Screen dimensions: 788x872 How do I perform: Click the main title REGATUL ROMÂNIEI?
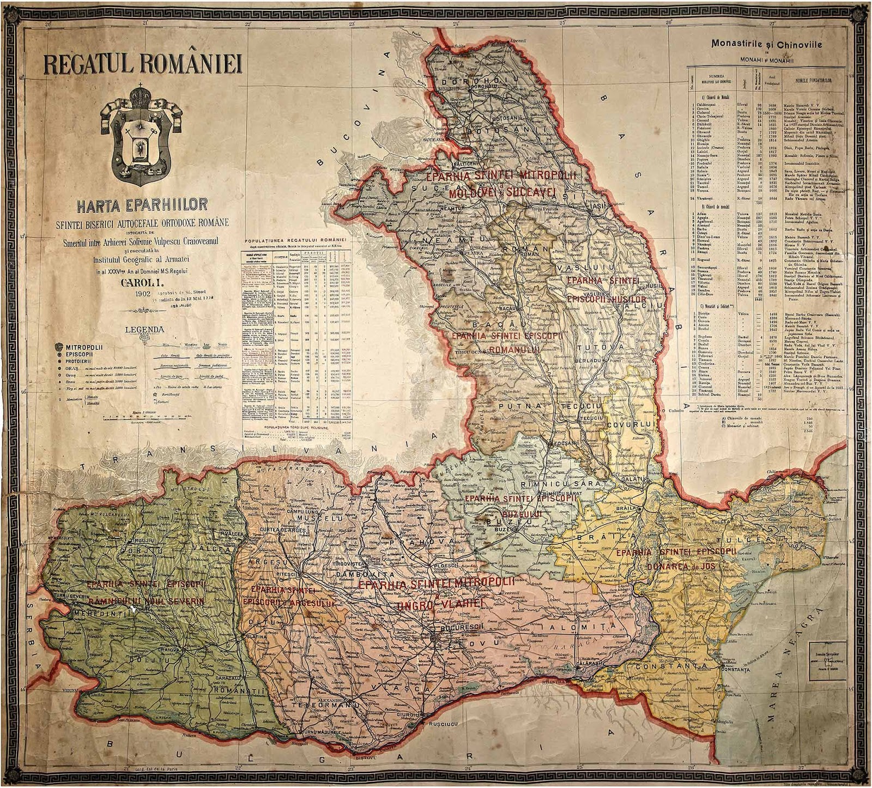(x=143, y=63)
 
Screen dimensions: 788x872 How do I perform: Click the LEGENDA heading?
(x=144, y=329)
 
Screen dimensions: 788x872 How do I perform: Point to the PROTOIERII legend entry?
(x=80, y=360)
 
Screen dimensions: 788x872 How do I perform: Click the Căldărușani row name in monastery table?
(x=709, y=104)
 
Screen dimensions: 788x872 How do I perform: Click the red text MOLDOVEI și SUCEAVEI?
(x=501, y=192)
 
